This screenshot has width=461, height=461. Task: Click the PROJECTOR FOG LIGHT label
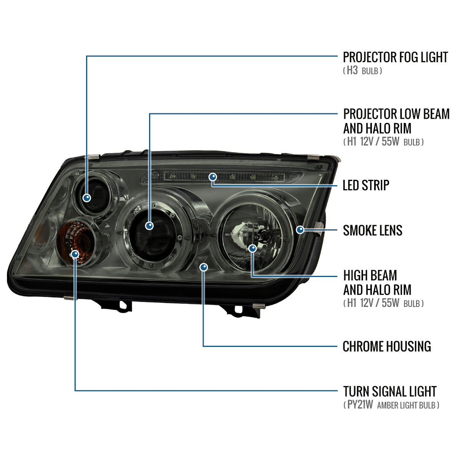point(395,57)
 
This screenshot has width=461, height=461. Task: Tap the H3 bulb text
point(352,71)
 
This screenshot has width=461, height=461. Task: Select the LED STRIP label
point(366,185)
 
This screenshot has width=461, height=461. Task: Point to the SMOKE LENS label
point(373,230)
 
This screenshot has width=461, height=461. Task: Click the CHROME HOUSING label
point(386,347)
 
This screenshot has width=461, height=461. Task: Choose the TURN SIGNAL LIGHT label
point(390,391)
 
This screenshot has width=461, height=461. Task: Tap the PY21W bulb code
point(360,405)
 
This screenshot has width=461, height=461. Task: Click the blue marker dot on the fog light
point(87,198)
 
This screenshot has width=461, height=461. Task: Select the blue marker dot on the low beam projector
point(150,226)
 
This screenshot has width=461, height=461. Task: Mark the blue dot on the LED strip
point(212,177)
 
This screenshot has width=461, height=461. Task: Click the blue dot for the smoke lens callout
point(300,230)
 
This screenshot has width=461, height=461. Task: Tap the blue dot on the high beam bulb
point(252,248)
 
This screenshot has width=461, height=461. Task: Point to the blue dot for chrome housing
point(204,267)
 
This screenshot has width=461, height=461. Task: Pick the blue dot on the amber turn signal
point(75,254)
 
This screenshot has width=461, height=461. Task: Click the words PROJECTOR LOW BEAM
point(396,114)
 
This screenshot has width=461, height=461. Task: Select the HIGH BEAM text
point(370,275)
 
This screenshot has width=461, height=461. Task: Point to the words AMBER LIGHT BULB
point(406,405)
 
